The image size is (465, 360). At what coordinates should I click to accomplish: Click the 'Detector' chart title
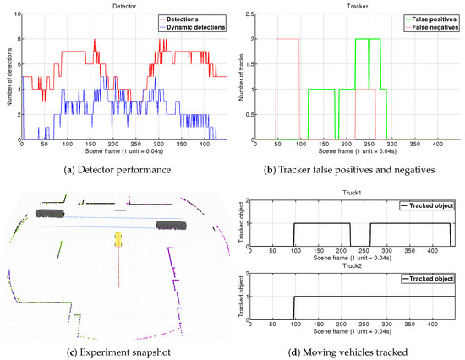[x=119, y=7]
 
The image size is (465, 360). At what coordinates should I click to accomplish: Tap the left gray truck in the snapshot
[x=51, y=215]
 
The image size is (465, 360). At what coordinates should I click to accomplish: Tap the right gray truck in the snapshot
[x=172, y=225]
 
